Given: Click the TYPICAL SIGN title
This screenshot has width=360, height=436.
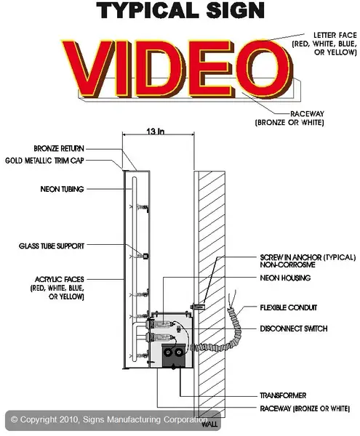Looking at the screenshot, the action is click(x=180, y=10).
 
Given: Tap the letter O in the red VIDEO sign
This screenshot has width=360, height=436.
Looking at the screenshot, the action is click(x=263, y=68).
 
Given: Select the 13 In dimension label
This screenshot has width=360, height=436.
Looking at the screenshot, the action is click(x=156, y=132).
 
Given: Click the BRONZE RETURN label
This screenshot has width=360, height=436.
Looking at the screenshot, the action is click(x=59, y=148).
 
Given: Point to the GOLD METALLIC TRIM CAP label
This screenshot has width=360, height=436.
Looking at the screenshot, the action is click(x=44, y=161).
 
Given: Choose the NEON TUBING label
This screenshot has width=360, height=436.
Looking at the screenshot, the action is click(x=62, y=189).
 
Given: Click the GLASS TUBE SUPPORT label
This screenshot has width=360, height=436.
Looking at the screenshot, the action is click(x=52, y=246).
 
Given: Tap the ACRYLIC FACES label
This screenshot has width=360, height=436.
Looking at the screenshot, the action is click(x=59, y=279).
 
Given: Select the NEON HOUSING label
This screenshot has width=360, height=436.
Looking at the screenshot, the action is click(x=285, y=278).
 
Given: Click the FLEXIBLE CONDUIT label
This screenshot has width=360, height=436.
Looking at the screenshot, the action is click(x=289, y=307).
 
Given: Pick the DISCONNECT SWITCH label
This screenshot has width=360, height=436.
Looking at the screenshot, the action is click(x=294, y=328).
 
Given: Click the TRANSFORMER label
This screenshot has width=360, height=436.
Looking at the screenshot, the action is click(x=283, y=395).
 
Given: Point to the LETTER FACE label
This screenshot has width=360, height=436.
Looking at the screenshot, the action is click(x=335, y=35).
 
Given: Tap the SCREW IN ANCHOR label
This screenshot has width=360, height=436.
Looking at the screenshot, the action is click(x=308, y=257).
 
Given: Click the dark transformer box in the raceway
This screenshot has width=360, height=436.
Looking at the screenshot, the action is click(x=173, y=355).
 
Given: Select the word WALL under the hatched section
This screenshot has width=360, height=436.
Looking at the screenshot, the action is click(x=209, y=424).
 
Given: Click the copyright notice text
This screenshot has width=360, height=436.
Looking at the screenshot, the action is click(x=109, y=419).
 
